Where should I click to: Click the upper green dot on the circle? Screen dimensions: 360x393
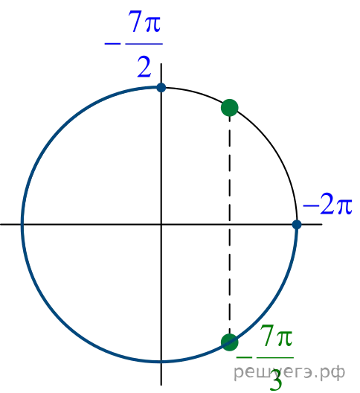pyautogui.click(x=230, y=108)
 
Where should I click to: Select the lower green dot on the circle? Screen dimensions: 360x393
pyautogui.click(x=230, y=342)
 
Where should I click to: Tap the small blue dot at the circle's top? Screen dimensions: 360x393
pyautogui.click(x=161, y=88)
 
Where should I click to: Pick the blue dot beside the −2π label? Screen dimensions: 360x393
pyautogui.click(x=297, y=225)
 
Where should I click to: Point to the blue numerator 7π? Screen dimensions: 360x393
pyautogui.click(x=144, y=22)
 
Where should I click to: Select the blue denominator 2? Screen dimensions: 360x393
pyautogui.click(x=144, y=67)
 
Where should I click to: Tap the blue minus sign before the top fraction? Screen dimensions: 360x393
pyautogui.click(x=112, y=44)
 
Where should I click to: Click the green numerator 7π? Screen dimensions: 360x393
pyautogui.click(x=276, y=336)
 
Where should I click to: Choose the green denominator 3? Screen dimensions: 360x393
pyautogui.click(x=276, y=380)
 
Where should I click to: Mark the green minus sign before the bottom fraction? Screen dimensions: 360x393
pyautogui.click(x=244, y=357)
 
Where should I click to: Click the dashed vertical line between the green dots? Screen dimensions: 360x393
pyautogui.click(x=230, y=225)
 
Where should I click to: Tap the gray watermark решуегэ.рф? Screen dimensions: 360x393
pyautogui.click(x=289, y=372)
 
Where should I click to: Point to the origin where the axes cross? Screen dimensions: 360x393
pyautogui.click(x=161, y=225)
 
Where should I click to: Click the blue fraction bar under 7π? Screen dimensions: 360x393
pyautogui.click(x=144, y=44)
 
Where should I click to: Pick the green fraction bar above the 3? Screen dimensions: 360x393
pyautogui.click(x=275, y=357)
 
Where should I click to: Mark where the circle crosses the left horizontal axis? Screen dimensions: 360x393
pyautogui.click(x=22, y=225)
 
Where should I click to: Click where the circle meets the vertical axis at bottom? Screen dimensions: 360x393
pyautogui.click(x=161, y=362)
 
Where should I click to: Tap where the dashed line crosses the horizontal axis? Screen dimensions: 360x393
pyautogui.click(x=230, y=225)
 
